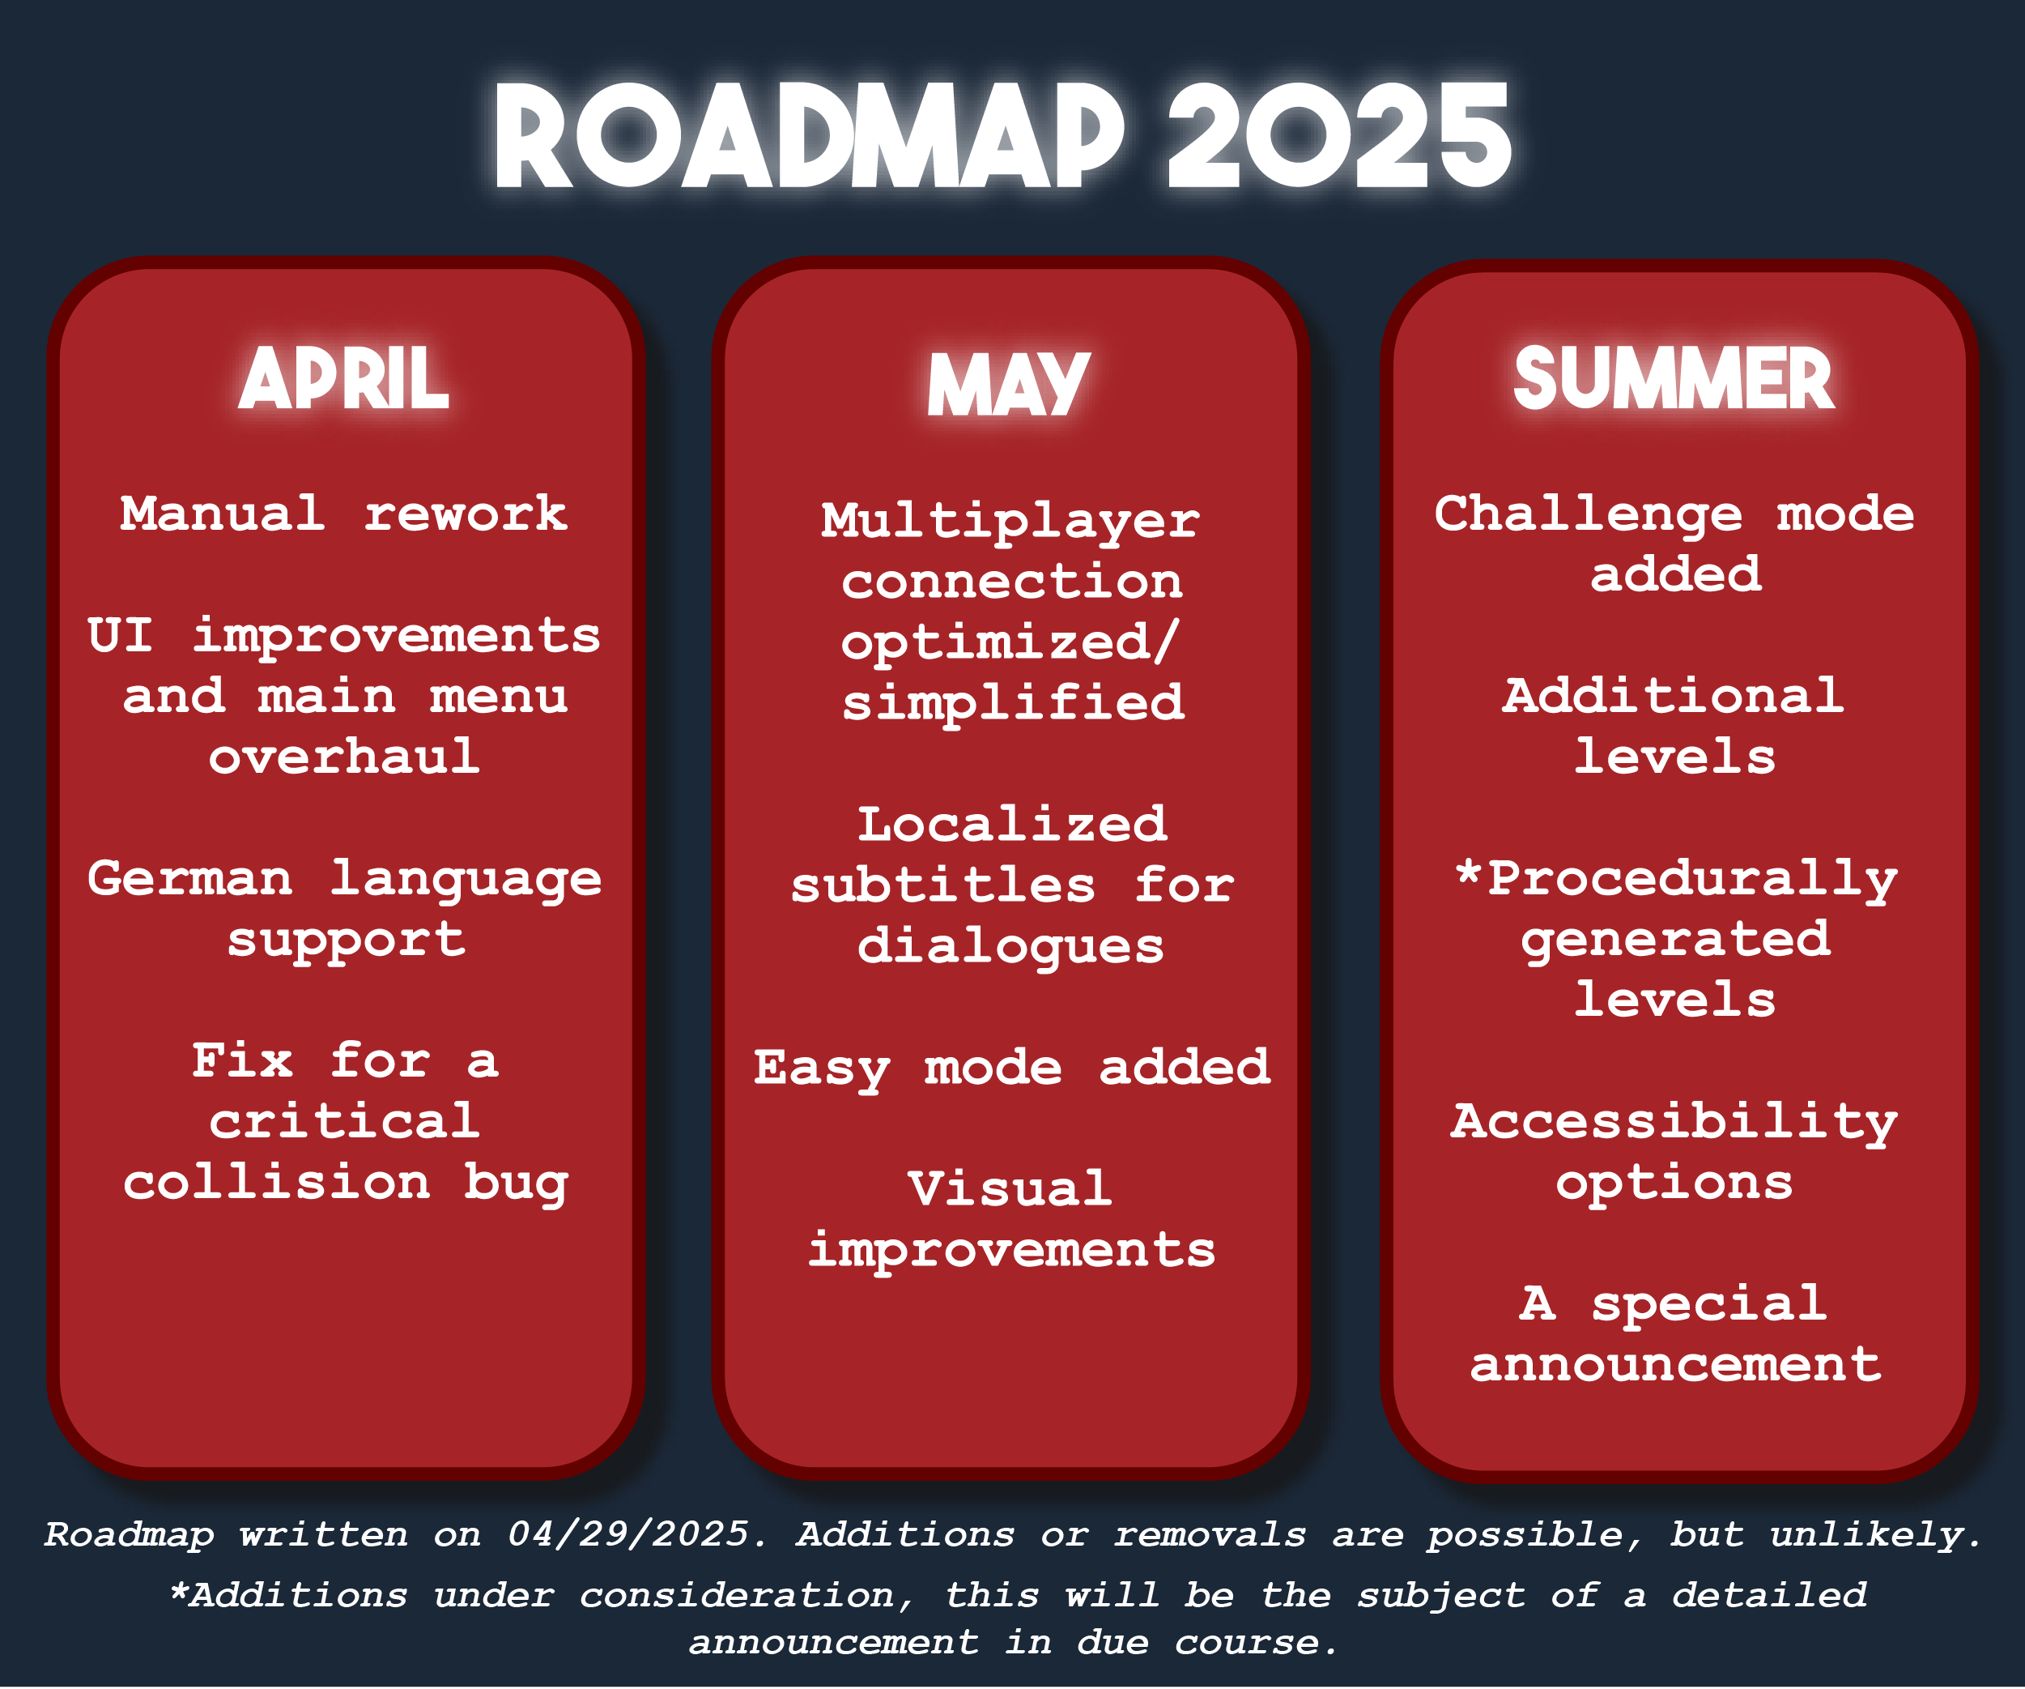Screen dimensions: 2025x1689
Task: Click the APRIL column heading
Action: point(343,378)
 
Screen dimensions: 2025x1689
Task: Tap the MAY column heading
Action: point(1009,385)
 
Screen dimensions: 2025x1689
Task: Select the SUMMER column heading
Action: point(1674,378)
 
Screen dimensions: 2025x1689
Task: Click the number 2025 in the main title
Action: point(1339,134)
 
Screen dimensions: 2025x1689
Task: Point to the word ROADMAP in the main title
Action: point(809,134)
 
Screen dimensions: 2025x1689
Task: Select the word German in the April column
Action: point(190,878)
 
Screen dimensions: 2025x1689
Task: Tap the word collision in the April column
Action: point(276,1183)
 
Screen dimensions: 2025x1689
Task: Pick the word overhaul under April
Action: point(344,757)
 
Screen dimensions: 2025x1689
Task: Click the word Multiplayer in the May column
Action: point(1010,522)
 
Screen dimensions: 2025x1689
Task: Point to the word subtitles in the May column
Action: point(943,885)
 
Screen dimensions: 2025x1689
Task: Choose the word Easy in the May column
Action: point(822,1068)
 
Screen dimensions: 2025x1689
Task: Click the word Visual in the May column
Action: point(1010,1188)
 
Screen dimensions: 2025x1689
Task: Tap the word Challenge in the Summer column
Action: point(1588,514)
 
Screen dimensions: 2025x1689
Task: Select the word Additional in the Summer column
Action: point(1673,696)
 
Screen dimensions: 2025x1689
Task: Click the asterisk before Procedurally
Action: point(1468,871)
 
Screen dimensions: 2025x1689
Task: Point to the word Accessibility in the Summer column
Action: point(1674,1123)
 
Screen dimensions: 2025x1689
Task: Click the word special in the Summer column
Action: point(1708,1304)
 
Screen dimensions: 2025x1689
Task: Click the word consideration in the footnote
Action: point(738,1595)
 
